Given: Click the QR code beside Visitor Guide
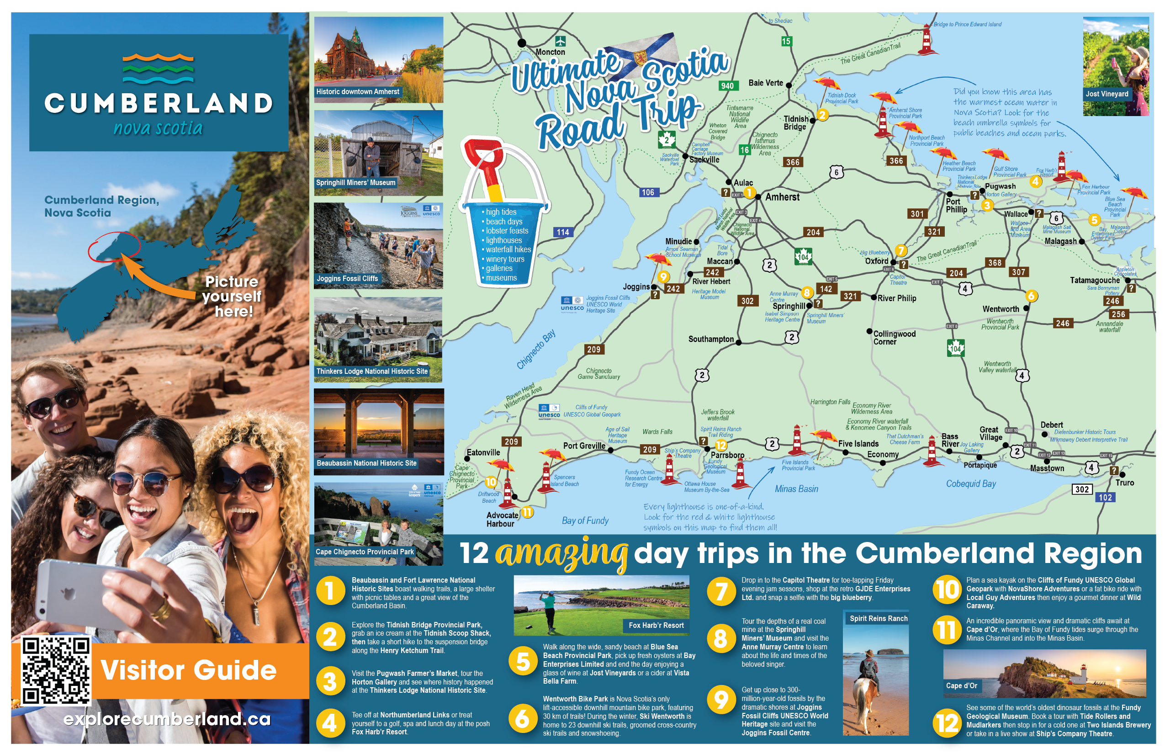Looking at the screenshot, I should tap(55, 671).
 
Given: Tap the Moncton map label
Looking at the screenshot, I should tap(550, 52).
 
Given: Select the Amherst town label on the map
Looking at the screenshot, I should tap(782, 197).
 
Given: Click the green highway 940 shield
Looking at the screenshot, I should tap(727, 86).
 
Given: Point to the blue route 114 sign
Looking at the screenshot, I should tap(562, 232).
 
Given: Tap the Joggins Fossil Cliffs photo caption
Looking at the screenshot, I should tap(347, 279).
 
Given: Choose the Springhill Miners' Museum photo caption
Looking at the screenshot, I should tap(355, 183).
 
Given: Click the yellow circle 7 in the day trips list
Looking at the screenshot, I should tap(720, 591).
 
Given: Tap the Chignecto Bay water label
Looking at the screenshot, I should tap(536, 349).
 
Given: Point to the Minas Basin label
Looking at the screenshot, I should tap(796, 489).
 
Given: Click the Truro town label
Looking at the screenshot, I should tap(1124, 482).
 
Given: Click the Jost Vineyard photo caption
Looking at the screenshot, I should tap(1106, 94).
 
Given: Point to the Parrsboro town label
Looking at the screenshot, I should tap(727, 455).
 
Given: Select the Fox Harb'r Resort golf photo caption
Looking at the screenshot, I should tap(656, 625).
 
